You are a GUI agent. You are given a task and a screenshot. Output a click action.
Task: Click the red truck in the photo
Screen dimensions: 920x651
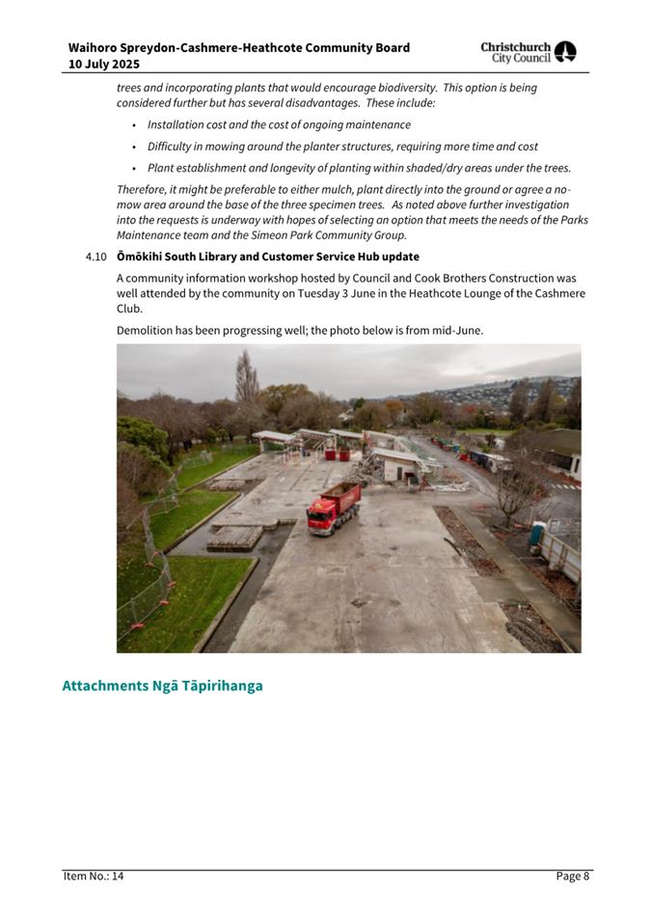(x=334, y=508)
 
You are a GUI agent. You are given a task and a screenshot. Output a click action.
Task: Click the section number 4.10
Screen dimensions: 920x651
(x=94, y=257)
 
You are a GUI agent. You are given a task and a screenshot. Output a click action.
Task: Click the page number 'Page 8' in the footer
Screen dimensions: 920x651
(x=572, y=876)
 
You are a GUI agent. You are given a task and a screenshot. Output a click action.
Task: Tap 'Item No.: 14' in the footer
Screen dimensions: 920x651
(x=94, y=876)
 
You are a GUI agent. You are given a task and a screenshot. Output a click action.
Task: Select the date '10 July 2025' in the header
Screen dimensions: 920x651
(x=103, y=65)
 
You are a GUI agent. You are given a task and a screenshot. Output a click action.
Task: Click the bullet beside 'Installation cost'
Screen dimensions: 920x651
(x=134, y=125)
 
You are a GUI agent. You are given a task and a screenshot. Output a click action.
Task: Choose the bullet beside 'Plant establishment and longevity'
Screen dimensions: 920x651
(x=134, y=168)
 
